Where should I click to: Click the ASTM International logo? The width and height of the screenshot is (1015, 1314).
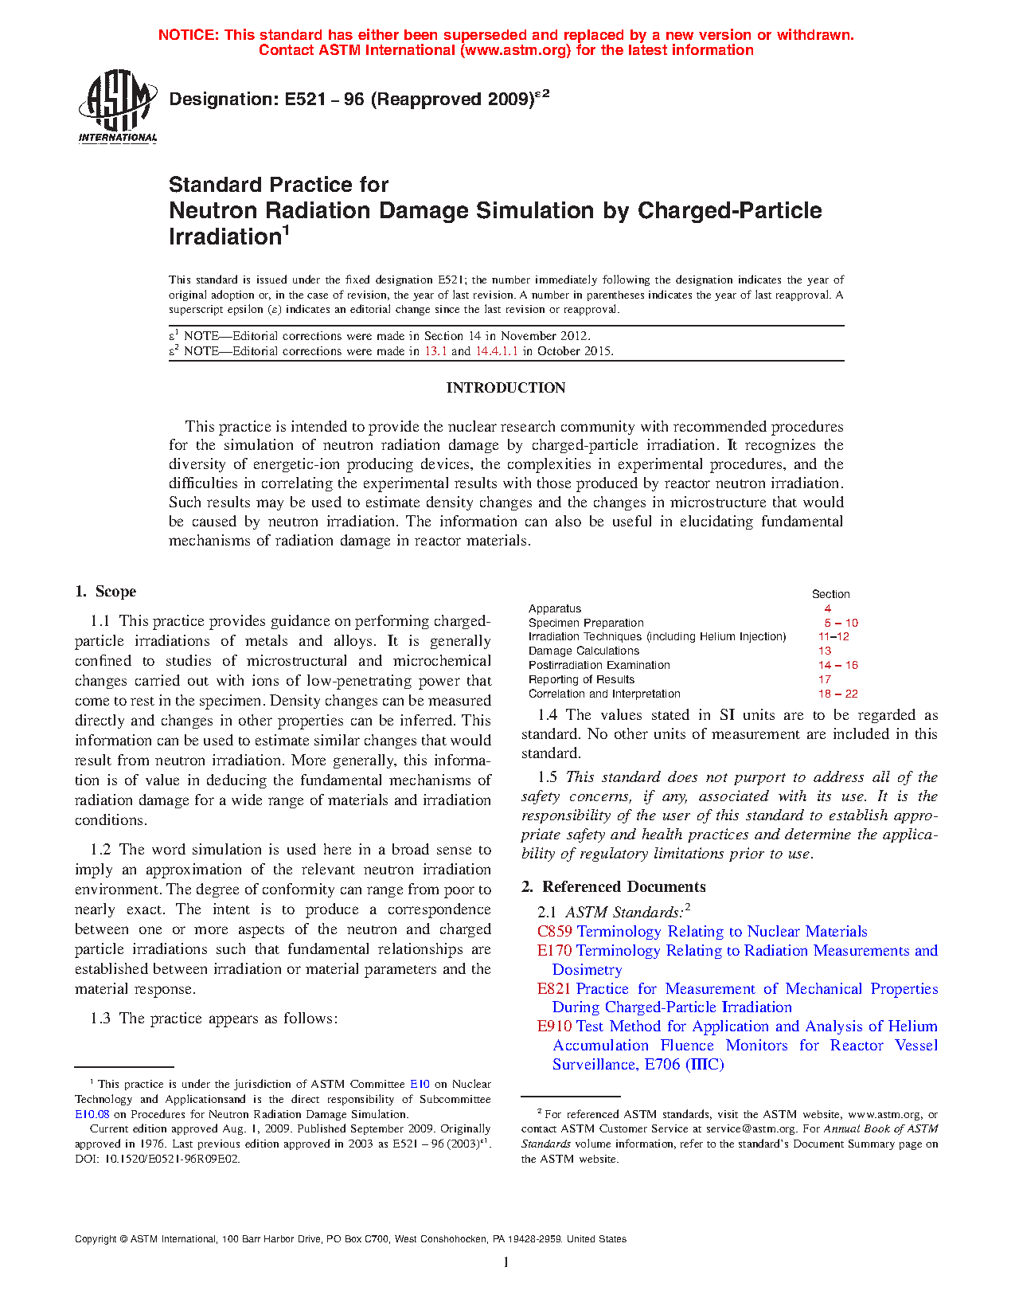click(118, 106)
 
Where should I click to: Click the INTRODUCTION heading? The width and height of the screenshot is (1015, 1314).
click(506, 388)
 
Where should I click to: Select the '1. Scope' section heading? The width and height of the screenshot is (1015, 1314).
click(106, 591)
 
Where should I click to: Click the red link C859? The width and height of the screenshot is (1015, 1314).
click(554, 931)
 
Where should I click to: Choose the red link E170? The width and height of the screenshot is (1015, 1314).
click(554, 950)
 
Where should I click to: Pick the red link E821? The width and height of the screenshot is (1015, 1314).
click(554, 988)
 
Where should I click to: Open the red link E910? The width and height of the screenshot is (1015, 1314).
click(554, 1026)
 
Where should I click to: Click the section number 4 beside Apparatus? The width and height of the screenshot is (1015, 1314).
click(828, 608)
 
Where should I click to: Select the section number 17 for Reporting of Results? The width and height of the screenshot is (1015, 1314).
click(825, 679)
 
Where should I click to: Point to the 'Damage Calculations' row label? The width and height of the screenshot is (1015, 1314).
click(584, 651)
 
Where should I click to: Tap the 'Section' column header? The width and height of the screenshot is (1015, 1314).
click(830, 594)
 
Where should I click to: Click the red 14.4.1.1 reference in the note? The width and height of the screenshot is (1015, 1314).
click(497, 350)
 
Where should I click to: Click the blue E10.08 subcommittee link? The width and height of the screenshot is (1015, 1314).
click(92, 1114)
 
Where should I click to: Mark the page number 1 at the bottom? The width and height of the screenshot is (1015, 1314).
click(506, 1262)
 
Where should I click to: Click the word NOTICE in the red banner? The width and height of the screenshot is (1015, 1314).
click(188, 35)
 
